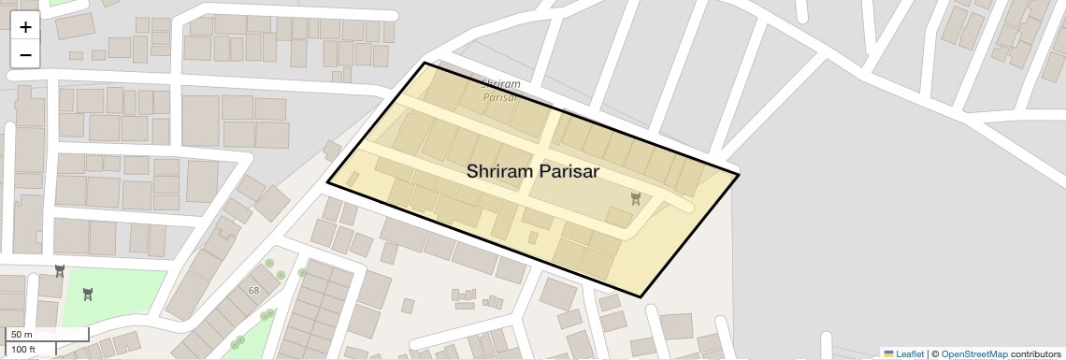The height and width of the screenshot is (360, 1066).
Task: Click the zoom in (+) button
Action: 25,27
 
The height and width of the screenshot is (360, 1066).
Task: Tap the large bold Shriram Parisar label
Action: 533,172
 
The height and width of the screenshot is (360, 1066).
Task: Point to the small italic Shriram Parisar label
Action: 501,90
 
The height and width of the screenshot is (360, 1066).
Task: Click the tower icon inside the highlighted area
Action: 636,198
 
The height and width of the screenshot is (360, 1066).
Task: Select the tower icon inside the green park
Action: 88,295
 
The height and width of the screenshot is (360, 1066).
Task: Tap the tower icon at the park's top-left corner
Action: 60,271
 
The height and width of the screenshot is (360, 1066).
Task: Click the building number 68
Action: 253,291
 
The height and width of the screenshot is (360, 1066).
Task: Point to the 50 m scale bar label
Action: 22,335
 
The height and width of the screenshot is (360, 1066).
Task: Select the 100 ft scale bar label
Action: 23,350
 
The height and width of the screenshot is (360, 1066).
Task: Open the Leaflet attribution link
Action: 909,353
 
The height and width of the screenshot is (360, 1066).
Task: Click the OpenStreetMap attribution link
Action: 973,353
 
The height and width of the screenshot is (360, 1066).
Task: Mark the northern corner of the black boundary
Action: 425,63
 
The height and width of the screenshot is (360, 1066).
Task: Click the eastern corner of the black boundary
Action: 739,174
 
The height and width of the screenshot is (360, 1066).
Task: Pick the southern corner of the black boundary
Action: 641,297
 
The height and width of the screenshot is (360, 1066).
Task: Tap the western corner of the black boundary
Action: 327,182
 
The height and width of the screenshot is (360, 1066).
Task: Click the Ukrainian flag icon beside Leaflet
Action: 888,353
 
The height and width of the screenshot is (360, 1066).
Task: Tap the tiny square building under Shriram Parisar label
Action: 533,238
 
